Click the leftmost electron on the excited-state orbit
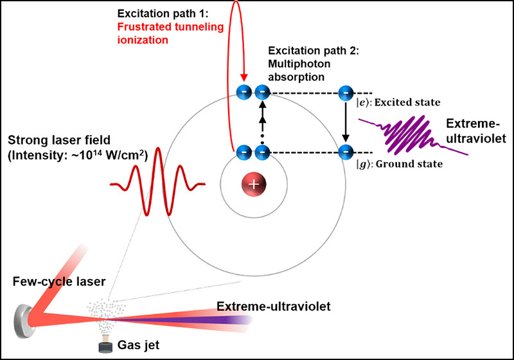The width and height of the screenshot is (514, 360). tap(244, 93)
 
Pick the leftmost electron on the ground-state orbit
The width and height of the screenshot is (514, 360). tap(244, 152)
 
